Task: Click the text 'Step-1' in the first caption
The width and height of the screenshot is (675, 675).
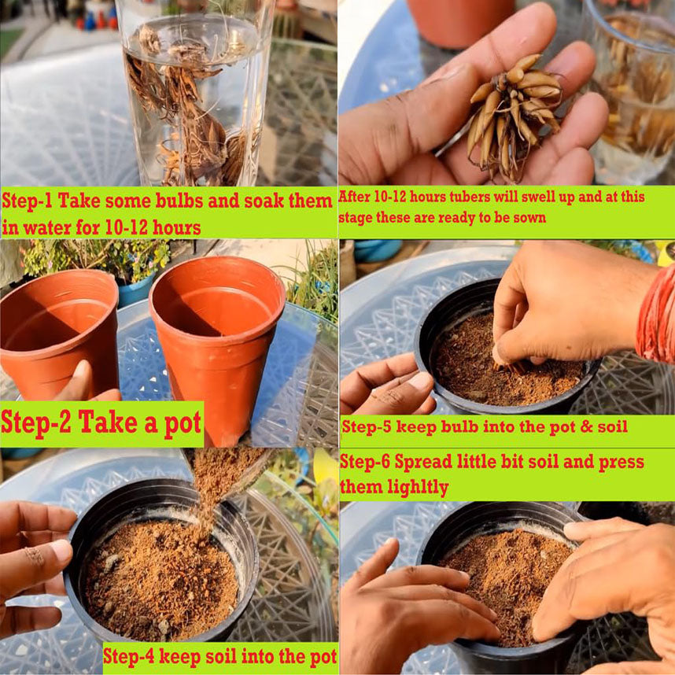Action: click(x=28, y=201)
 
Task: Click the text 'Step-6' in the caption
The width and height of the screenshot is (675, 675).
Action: click(x=365, y=463)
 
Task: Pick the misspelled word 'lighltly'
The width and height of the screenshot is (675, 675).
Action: click(x=418, y=488)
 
